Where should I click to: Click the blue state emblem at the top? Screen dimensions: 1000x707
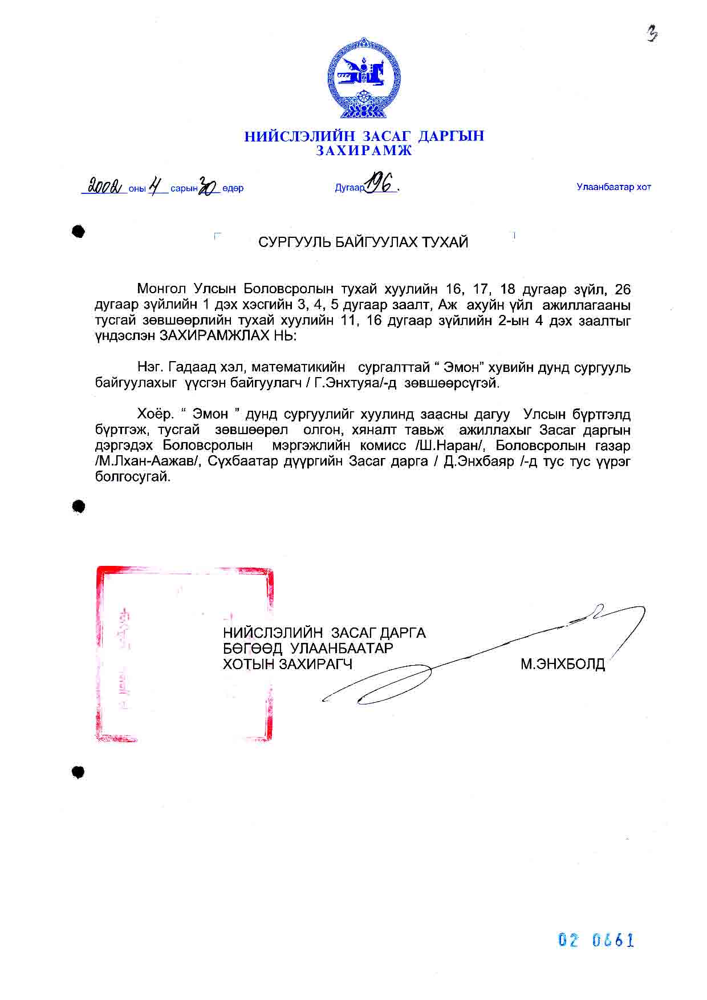(364, 78)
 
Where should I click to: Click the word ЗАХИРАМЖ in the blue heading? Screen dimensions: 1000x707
(364, 151)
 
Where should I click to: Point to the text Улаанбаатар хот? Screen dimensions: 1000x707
(613, 187)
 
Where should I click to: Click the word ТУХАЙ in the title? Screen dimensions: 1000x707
(445, 242)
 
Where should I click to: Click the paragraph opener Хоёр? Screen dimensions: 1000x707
(155, 414)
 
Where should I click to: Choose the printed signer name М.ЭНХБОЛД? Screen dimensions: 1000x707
(562, 665)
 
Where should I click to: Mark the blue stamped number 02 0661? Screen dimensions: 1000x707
(596, 940)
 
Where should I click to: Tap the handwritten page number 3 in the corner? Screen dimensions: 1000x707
(652, 35)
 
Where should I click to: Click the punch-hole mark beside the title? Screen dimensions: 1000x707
(79, 231)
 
